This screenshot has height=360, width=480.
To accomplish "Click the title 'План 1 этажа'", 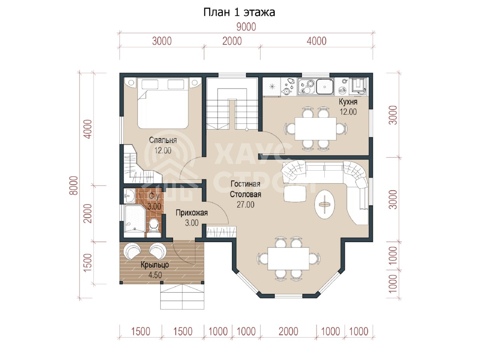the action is [x=239, y=12].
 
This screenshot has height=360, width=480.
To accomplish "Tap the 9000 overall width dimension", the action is [x=246, y=27].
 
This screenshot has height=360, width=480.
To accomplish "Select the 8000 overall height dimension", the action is [x=74, y=185].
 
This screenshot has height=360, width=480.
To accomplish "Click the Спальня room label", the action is [x=163, y=140].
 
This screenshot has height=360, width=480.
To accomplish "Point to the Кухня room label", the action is [x=348, y=102].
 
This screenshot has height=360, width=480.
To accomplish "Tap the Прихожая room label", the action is [x=192, y=213].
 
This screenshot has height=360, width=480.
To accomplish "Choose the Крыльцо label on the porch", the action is [x=155, y=265].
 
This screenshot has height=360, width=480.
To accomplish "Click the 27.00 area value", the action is [x=245, y=205].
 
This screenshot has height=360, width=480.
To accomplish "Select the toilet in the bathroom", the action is [x=154, y=227].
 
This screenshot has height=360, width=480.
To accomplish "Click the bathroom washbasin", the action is [x=129, y=196].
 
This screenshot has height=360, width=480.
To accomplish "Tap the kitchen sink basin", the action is [x=325, y=87].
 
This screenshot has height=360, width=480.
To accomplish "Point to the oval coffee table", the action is [x=324, y=204].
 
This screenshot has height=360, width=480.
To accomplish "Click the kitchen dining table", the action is [x=315, y=129].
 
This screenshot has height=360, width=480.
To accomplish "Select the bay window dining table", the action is [x=288, y=259].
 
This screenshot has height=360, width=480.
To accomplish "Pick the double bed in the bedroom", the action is [x=163, y=103].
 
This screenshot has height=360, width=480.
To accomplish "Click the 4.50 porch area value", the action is [x=155, y=275].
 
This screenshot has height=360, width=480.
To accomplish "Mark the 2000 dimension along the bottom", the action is [x=288, y=331].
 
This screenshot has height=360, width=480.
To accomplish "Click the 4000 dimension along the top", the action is [x=316, y=41].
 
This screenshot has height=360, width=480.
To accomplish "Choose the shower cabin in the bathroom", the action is [x=135, y=218].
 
